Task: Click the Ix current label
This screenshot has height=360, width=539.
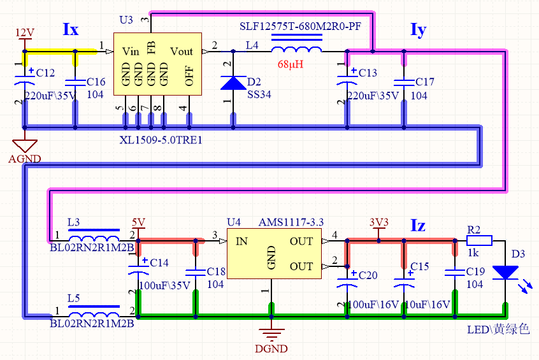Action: [71, 29]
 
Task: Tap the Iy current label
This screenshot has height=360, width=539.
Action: [418, 30]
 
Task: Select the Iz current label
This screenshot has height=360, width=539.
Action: [418, 225]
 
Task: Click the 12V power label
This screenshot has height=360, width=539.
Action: [24, 32]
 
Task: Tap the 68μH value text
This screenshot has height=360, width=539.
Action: [291, 64]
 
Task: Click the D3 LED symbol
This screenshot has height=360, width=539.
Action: [506, 272]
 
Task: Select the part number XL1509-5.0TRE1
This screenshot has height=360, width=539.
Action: [161, 140]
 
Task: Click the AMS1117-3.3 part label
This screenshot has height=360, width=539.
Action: [291, 222]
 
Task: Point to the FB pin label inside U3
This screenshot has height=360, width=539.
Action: [152, 52]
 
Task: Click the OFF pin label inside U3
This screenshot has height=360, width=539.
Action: [189, 76]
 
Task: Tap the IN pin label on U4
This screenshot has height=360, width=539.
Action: [241, 241]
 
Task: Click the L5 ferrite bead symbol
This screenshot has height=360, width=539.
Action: [94, 309]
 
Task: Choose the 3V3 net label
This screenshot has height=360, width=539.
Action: [378, 222]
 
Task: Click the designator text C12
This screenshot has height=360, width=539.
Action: [46, 73]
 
